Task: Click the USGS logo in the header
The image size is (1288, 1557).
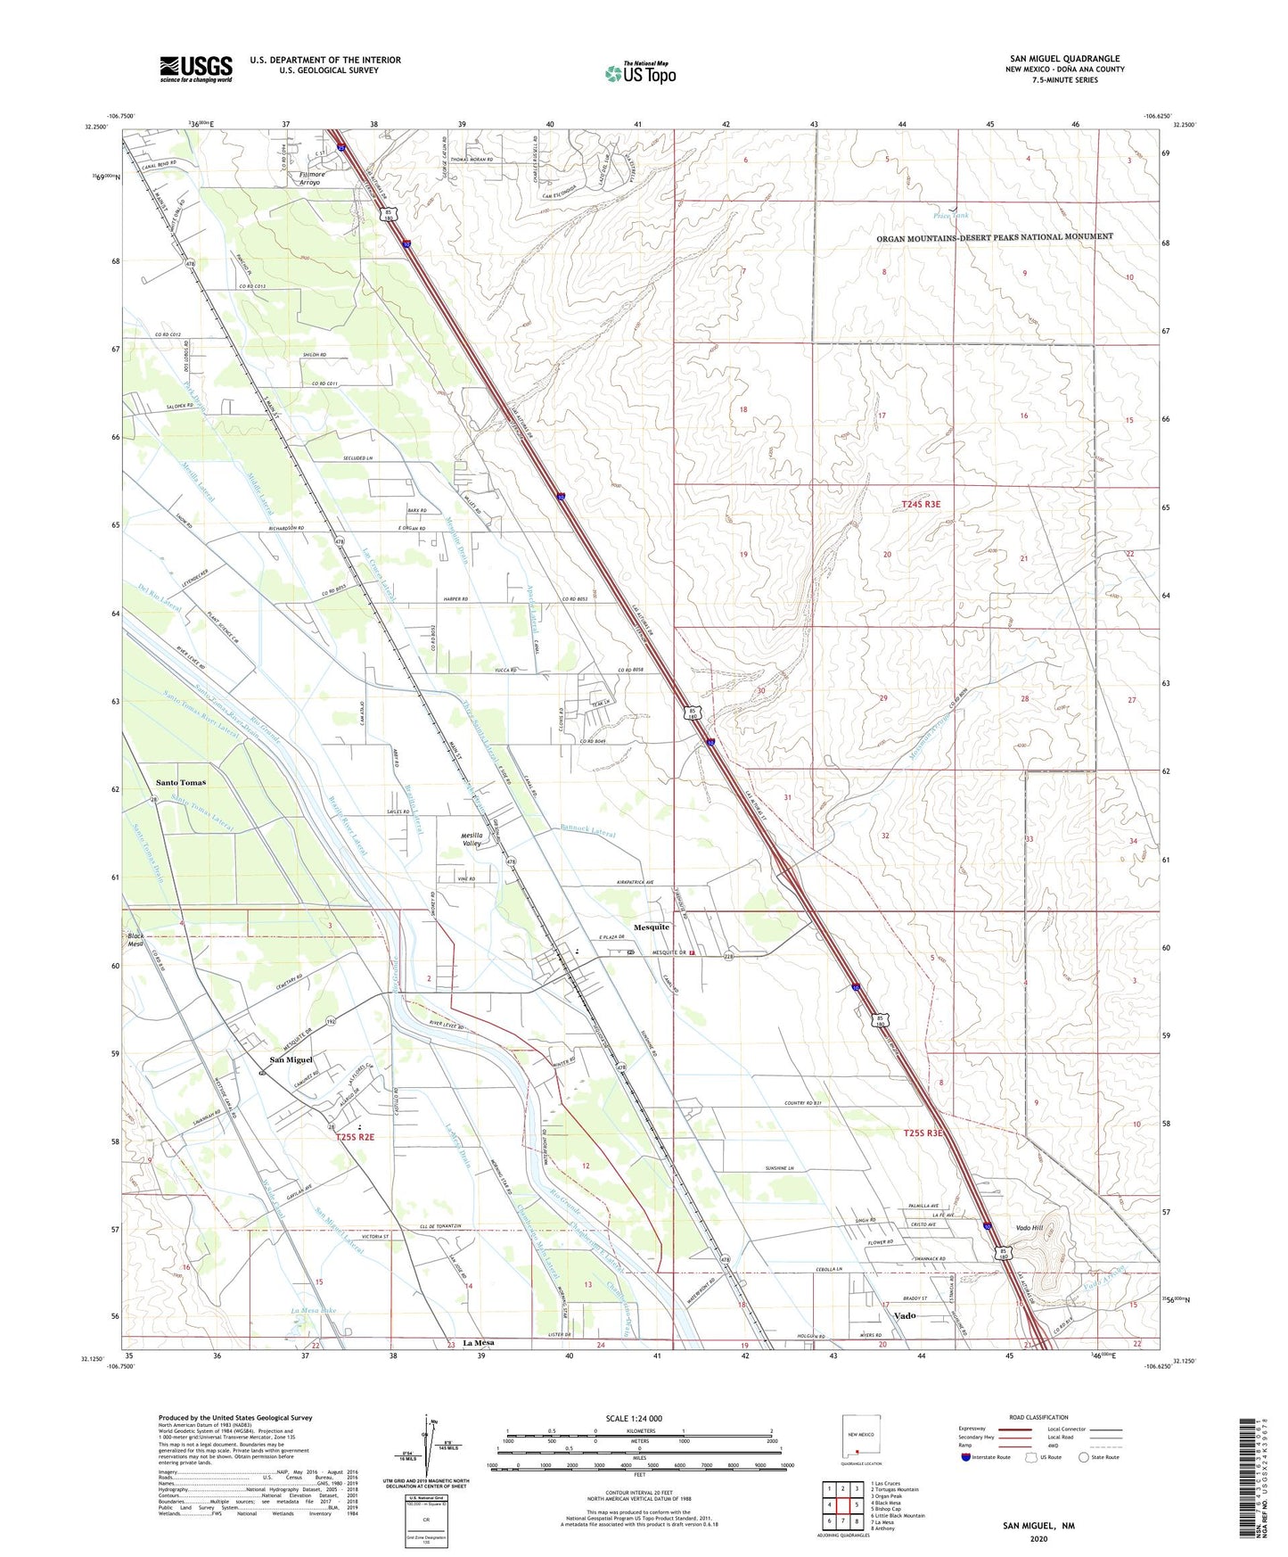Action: point(196,69)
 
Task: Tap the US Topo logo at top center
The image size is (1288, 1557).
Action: point(640,73)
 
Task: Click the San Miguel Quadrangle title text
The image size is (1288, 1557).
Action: point(1064,59)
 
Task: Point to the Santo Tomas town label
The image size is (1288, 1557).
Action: point(181,782)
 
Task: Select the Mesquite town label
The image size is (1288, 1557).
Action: point(651,927)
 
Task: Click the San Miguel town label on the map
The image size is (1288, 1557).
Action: point(291,1059)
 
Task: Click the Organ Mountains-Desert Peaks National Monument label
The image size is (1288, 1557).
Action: point(994,236)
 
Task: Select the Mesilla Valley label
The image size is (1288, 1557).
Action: point(472,839)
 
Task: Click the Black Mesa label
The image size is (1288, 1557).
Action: point(135,940)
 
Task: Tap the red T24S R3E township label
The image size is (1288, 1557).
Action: point(921,504)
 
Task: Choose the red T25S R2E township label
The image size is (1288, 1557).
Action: point(355,1137)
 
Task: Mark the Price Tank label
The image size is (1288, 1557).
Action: point(950,216)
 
